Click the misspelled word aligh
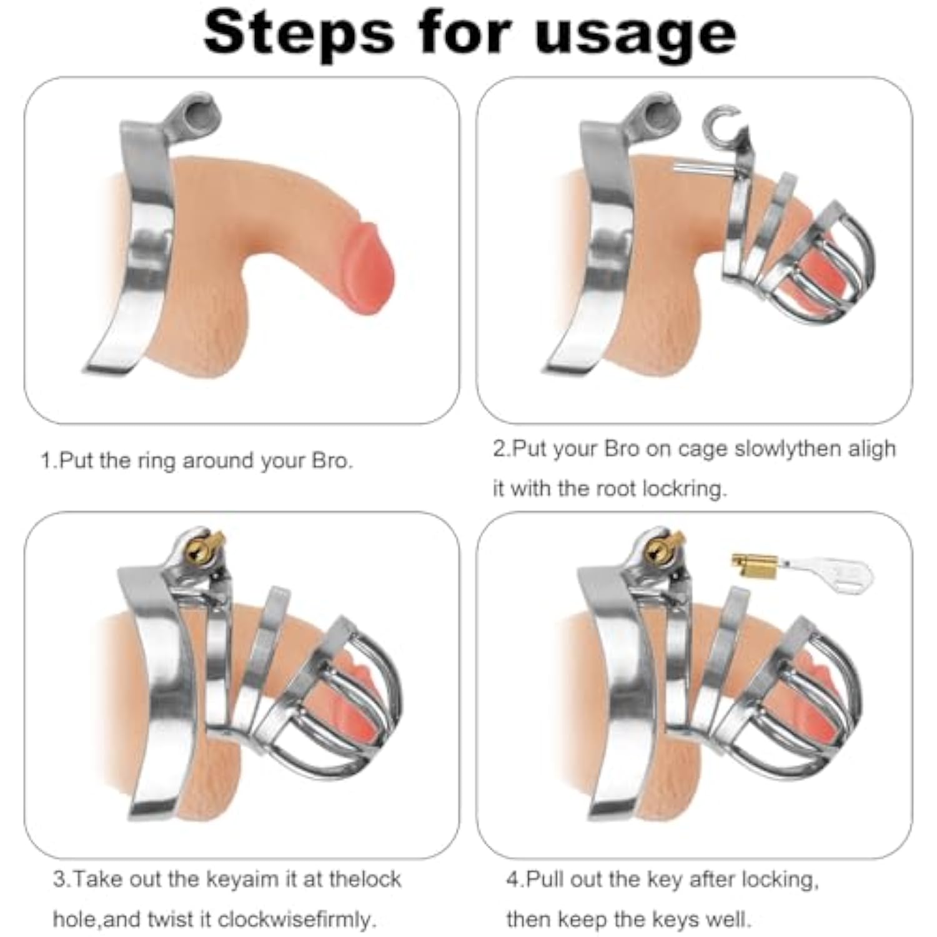(872, 449)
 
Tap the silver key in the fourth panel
(831, 572)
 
